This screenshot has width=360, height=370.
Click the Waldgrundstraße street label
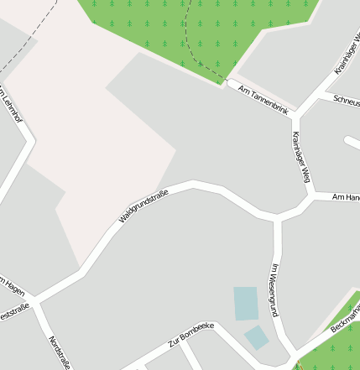(143, 206)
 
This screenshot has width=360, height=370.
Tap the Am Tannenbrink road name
(263, 99)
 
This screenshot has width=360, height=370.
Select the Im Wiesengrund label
(274, 289)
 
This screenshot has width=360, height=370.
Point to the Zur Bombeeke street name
(191, 333)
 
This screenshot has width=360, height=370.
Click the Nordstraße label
(59, 352)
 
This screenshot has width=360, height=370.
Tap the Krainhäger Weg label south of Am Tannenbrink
(301, 158)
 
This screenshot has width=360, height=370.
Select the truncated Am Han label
(346, 197)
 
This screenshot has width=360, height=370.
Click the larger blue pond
(246, 303)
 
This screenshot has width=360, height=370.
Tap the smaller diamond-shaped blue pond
(257, 338)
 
